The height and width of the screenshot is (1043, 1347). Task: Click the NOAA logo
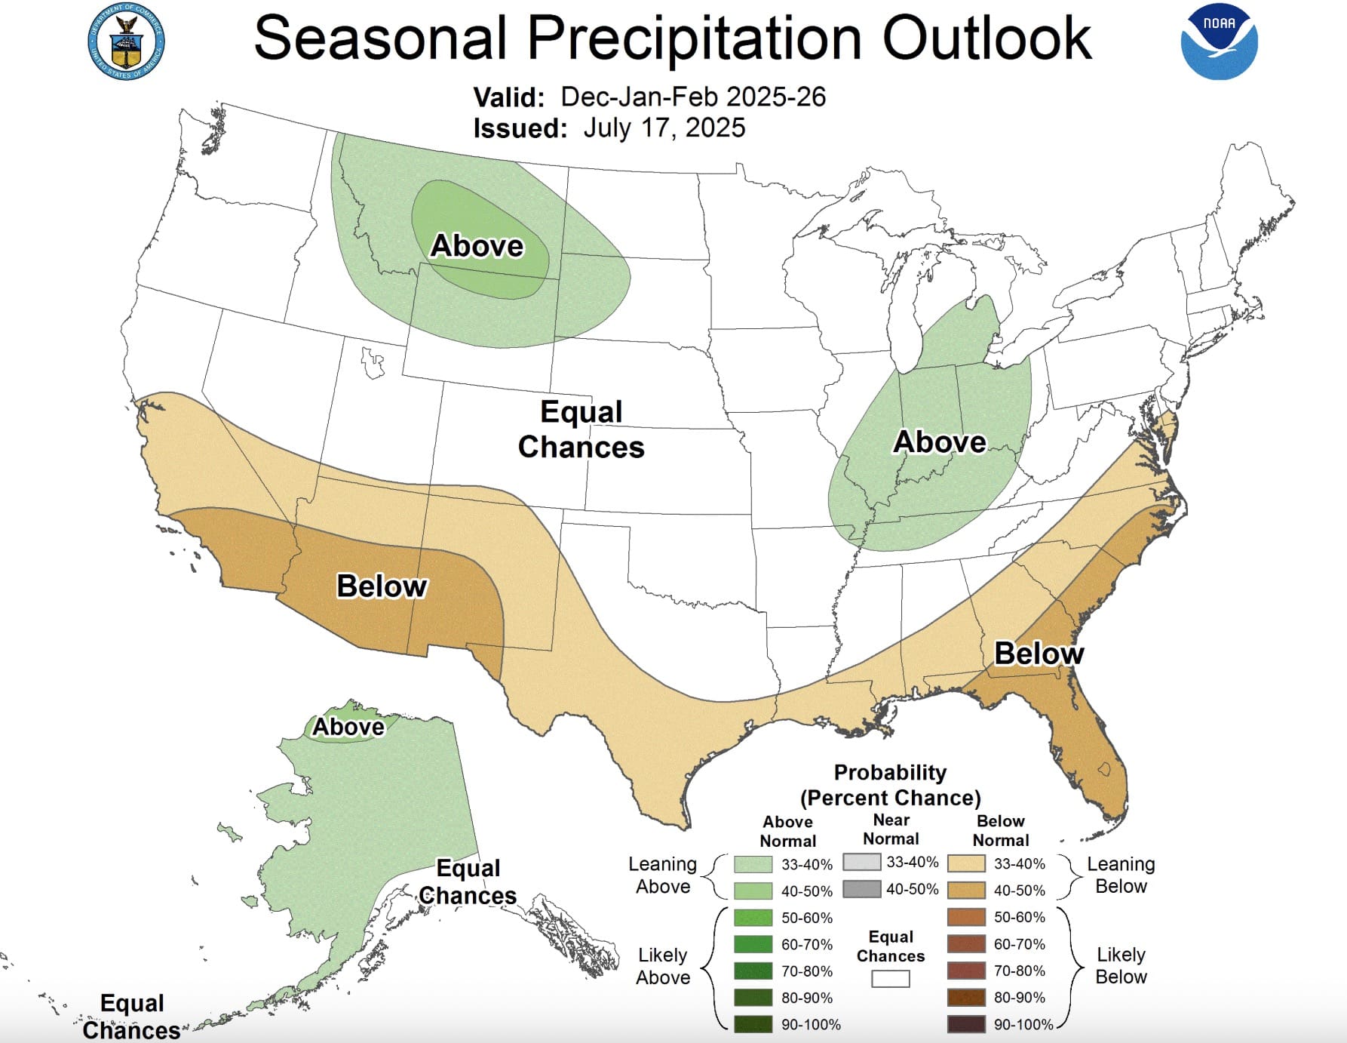[x=1219, y=42]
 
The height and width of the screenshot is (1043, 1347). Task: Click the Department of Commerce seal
[x=126, y=42]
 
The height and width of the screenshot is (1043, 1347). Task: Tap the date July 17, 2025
[x=664, y=128]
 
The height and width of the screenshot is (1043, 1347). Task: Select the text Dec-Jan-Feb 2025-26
[x=693, y=97]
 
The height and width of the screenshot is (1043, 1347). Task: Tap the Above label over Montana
[x=477, y=246]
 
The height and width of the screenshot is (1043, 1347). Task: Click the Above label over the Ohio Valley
[x=940, y=442]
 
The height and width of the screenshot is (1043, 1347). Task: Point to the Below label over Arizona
[x=382, y=586]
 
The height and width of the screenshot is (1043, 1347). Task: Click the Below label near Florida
[x=1039, y=653]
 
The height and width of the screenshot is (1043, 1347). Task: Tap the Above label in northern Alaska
[x=348, y=727]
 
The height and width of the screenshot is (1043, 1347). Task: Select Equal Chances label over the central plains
[x=581, y=429]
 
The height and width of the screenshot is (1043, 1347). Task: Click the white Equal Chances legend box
[x=890, y=979]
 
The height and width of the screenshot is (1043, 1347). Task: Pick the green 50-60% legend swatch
[x=753, y=918]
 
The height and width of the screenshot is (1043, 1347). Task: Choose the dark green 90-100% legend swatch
[x=753, y=1024]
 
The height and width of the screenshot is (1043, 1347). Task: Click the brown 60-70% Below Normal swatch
[x=966, y=944]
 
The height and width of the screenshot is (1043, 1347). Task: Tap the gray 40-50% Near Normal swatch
[x=862, y=889]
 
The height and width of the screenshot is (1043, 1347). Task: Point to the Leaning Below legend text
[x=1121, y=875]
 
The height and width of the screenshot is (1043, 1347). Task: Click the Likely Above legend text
[x=662, y=966]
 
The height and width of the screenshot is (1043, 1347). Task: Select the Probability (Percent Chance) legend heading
[x=890, y=785]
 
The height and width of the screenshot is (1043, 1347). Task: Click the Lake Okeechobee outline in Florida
[x=1105, y=769]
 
